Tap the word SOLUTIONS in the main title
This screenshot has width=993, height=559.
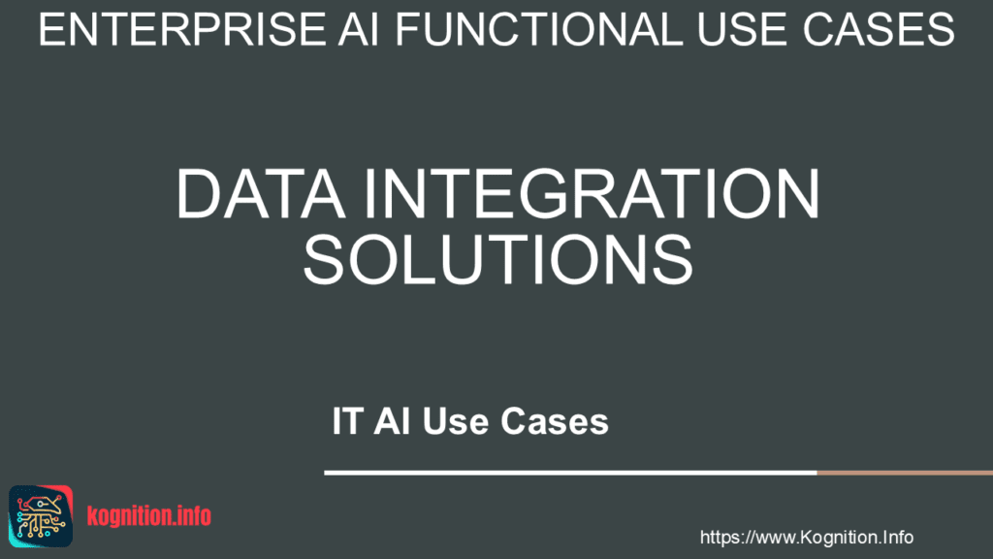pos(497,256)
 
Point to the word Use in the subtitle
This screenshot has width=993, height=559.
pos(459,423)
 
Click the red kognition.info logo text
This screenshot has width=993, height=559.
pos(148,516)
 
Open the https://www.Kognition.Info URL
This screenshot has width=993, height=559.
pos(806,537)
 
